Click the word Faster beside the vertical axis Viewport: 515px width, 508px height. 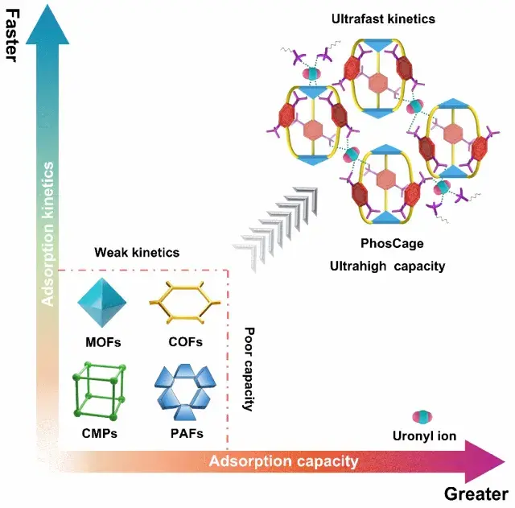[x=12, y=35]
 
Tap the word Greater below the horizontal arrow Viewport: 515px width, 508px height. [x=476, y=494]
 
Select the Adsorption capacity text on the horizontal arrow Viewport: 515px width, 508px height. [x=283, y=461]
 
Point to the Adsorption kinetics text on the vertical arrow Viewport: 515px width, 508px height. [x=48, y=234]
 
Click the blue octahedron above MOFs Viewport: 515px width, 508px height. [x=102, y=302]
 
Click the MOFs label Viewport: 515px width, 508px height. [x=103, y=342]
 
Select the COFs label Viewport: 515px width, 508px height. [x=186, y=342]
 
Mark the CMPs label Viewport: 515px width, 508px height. [x=100, y=433]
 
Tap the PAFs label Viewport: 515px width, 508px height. [x=187, y=433]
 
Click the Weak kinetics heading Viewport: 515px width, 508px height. [x=137, y=252]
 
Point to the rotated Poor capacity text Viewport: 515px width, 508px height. [x=249, y=369]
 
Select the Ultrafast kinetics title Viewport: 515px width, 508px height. [x=383, y=19]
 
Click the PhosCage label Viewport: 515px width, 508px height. [x=392, y=243]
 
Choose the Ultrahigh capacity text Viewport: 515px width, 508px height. [x=388, y=266]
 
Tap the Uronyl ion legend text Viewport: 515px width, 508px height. [x=424, y=436]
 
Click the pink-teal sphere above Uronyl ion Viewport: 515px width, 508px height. [x=422, y=417]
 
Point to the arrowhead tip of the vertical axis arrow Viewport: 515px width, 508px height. [x=47, y=4]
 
